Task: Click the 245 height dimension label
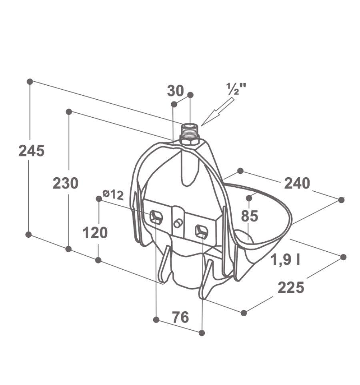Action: point(32,150)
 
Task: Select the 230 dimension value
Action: point(66,183)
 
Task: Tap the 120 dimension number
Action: point(95,233)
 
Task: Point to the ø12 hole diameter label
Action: point(113,195)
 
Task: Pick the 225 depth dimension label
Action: point(291,287)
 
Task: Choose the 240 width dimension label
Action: point(297,183)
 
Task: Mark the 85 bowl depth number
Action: point(250,216)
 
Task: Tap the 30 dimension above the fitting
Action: point(176,90)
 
